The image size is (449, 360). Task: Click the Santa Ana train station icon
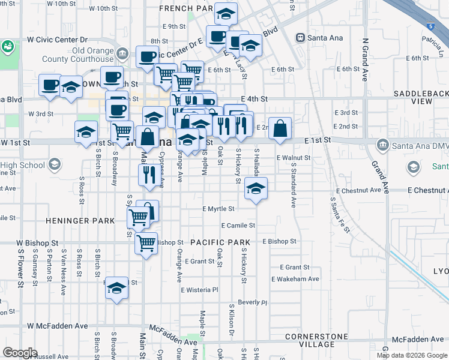pyautogui.click(x=300, y=38)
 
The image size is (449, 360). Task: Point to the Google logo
pyautogui.click(x=20, y=352)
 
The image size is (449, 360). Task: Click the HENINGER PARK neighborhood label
pyautogui.click(x=80, y=221)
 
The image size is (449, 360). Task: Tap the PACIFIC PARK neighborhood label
pyautogui.click(x=220, y=242)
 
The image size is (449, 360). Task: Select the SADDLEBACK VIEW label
pyautogui.click(x=421, y=98)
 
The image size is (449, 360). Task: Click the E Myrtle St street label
pyautogui.click(x=218, y=209)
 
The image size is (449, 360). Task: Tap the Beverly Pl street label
pyautogui.click(x=252, y=302)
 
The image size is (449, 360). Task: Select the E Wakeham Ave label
pyautogui.click(x=295, y=279)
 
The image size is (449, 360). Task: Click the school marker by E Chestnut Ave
pyautogui.click(x=256, y=189)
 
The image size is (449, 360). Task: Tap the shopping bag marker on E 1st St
pyautogui.click(x=280, y=128)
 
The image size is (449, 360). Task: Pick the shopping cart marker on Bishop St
pyautogui.click(x=146, y=244)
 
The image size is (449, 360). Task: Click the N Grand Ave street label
pyautogui.click(x=364, y=61)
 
